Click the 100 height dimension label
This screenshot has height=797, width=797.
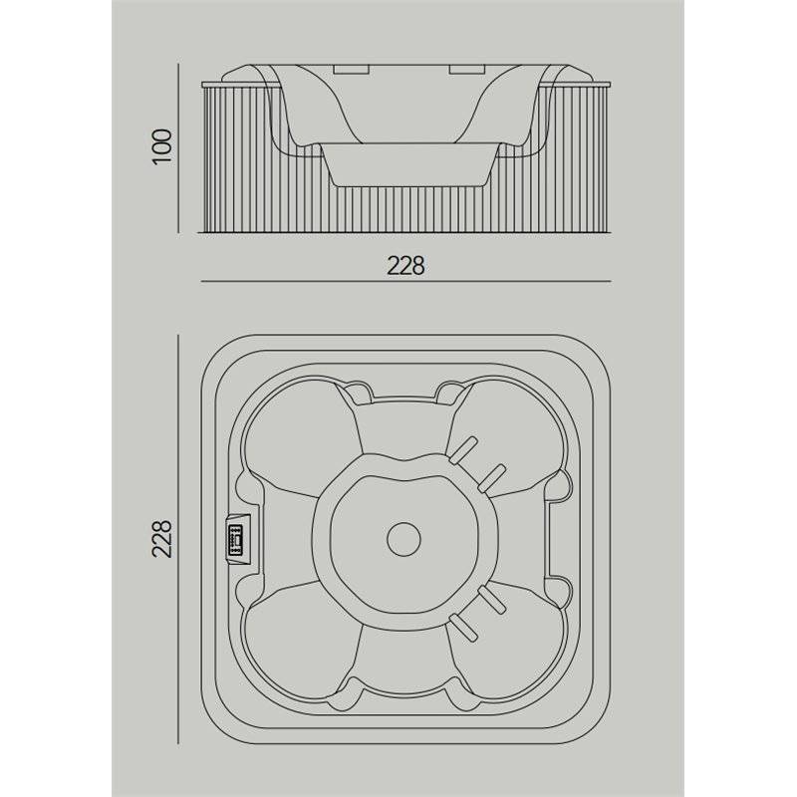162,146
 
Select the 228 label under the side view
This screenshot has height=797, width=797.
405,265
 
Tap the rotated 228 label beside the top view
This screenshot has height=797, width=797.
162,539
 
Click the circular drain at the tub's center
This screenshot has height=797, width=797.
404,539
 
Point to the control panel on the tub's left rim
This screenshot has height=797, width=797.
237,539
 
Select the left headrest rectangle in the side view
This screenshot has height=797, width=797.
351,69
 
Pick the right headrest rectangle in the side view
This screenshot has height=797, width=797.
467,69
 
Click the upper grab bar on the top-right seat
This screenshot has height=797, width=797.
462,450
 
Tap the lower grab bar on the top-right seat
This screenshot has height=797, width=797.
491,478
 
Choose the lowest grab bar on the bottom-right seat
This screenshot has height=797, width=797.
463,628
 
